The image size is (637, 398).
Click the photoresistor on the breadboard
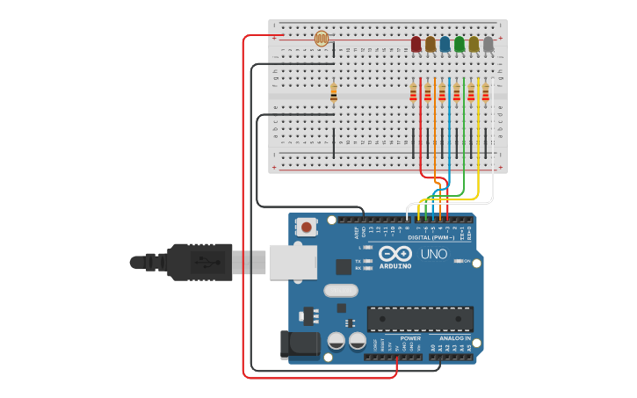[x=322, y=38]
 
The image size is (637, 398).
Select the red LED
[x=416, y=44]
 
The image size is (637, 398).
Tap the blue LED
[x=445, y=44]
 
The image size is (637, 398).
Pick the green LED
[x=459, y=44]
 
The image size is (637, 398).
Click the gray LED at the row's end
[x=489, y=44]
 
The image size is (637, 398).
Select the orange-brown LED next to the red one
[x=431, y=44]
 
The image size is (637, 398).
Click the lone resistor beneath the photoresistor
[x=333, y=93]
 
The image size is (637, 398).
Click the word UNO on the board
[x=433, y=254]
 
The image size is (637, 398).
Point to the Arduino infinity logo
[x=395, y=253]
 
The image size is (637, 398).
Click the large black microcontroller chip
[x=420, y=318]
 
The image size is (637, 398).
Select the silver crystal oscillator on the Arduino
[x=341, y=291]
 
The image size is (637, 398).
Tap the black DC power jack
[x=299, y=344]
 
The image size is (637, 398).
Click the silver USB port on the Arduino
[x=293, y=262]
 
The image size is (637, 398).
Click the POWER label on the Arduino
[x=410, y=338]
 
